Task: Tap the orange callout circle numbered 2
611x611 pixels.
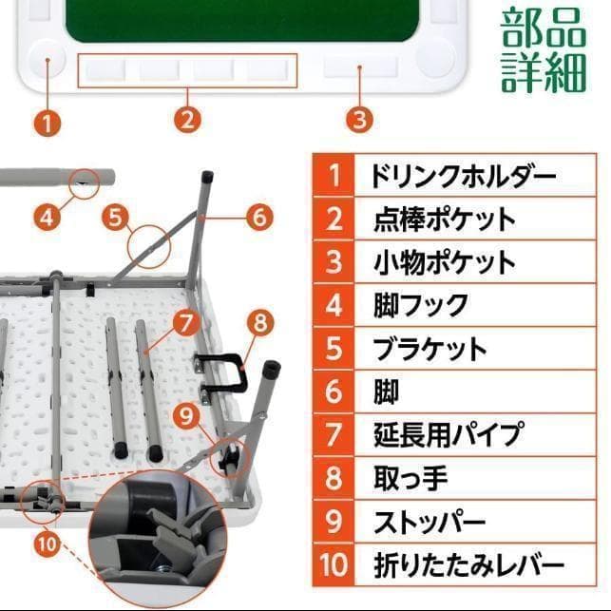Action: click(x=187, y=120)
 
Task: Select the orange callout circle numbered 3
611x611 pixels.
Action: click(x=358, y=120)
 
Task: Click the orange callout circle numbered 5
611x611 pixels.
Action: click(x=116, y=217)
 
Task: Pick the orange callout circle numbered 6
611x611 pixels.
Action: click(x=258, y=217)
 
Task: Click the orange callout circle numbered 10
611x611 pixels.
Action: click(x=48, y=544)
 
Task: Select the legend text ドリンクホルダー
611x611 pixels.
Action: click(x=449, y=177)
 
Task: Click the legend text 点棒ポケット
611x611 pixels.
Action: click(x=444, y=220)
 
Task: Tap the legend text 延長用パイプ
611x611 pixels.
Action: click(x=449, y=435)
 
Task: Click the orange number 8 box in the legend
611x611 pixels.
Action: click(x=334, y=478)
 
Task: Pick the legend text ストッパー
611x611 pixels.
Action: click(x=430, y=522)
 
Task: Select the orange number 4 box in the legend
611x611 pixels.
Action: click(x=334, y=306)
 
